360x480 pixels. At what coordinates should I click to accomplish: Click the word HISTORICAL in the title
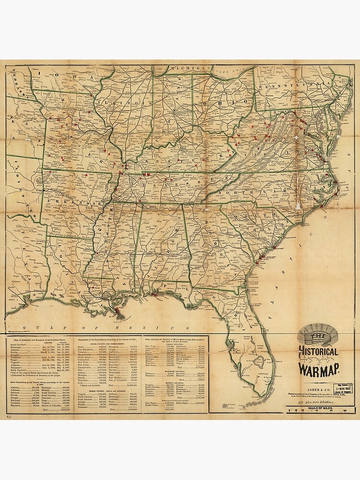[x=318, y=351]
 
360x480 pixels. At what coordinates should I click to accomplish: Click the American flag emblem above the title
[x=318, y=334]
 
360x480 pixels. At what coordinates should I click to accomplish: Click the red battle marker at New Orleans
[x=117, y=312]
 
